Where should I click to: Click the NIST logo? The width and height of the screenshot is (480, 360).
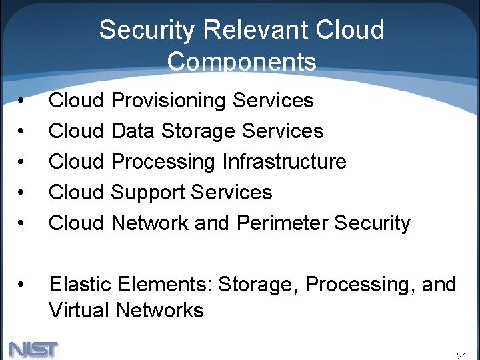33,349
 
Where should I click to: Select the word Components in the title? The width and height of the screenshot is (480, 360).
241,62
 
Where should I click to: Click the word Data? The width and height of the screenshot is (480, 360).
131,131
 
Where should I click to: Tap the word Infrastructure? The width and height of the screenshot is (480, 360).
285,162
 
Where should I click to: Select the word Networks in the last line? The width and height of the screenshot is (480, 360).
160,310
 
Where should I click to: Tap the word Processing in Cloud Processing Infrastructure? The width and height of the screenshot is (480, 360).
164,162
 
